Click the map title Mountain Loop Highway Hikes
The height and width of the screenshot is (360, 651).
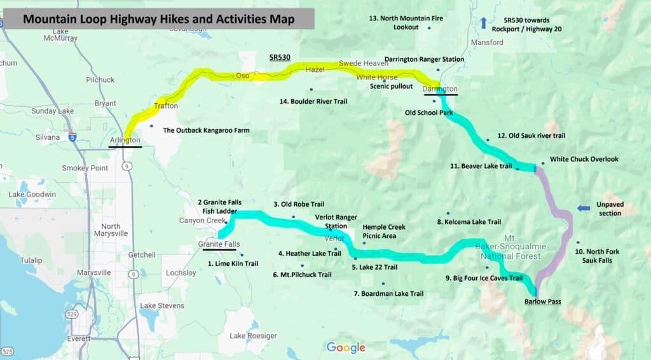[x=158, y=19]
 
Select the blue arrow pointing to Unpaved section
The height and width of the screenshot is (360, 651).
[x=584, y=208]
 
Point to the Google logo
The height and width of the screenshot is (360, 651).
[x=346, y=347]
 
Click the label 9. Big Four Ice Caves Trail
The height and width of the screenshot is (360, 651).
[x=484, y=278]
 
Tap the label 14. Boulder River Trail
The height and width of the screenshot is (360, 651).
[x=313, y=101]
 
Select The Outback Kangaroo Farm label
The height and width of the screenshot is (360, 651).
[x=206, y=130]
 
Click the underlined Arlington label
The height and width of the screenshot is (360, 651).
[x=125, y=140]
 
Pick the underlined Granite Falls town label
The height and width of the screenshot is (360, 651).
[x=219, y=244]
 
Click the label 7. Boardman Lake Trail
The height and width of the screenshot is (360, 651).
[x=388, y=293]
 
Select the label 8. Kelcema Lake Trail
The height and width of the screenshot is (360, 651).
[x=469, y=222]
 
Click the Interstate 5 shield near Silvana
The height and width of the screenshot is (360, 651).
[x=73, y=136]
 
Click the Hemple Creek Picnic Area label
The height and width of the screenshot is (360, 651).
[x=383, y=231]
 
